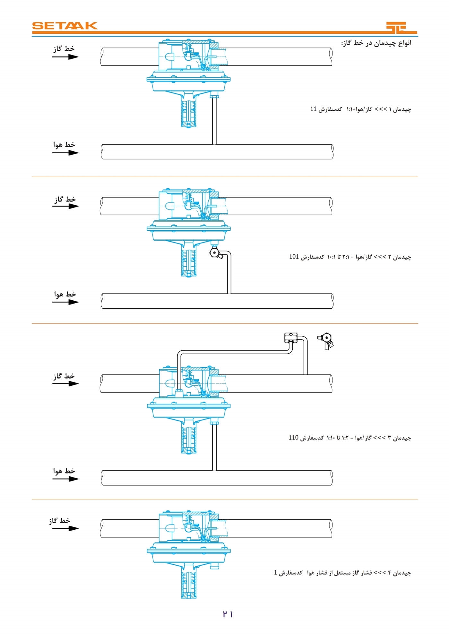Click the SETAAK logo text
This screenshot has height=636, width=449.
click(65, 26)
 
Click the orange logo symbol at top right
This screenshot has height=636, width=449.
click(401, 28)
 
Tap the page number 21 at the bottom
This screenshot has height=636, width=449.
click(228, 614)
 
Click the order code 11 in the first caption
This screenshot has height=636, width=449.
click(313, 109)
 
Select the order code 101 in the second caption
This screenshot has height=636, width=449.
click(294, 257)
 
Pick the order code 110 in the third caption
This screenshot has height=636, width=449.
click(293, 437)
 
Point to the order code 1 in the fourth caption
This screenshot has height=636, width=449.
click(275, 573)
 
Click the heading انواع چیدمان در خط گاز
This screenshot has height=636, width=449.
click(376, 43)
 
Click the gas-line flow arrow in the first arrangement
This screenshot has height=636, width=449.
click(65, 57)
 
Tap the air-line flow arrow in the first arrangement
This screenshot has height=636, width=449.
click(65, 153)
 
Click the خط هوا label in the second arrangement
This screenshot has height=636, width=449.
click(65, 294)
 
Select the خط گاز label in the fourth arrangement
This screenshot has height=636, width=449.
click(59, 521)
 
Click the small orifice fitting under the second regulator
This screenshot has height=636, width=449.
click(214, 253)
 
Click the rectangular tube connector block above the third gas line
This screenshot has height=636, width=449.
click(291, 338)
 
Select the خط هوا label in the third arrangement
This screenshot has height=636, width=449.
click(64, 471)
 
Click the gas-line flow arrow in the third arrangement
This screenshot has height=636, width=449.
click(65, 383)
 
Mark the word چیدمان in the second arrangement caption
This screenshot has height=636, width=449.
click(402, 257)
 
